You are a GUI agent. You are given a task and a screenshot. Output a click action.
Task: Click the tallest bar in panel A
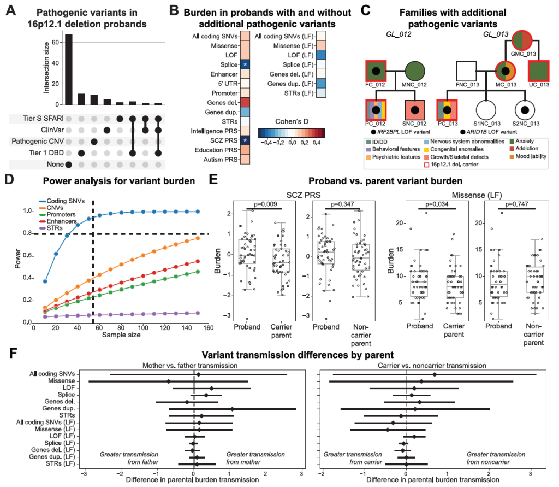click(69, 68)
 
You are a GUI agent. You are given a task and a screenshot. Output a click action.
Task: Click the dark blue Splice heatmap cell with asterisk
click(245, 64)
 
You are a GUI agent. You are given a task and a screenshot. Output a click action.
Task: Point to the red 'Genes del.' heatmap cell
click(245, 102)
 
